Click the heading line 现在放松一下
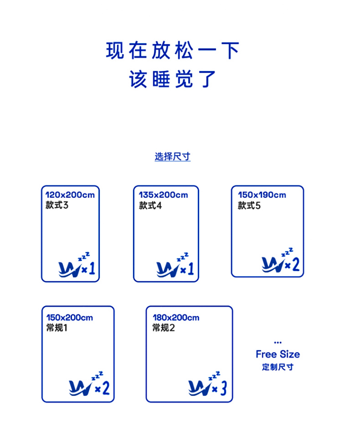[x=173, y=51]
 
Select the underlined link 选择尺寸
[x=172, y=157]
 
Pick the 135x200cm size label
[x=163, y=195]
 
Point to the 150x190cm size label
[x=262, y=195]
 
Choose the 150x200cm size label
[x=69, y=317]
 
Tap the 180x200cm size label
[x=176, y=317]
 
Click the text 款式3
[x=57, y=205]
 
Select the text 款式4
[x=150, y=205]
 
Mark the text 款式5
[x=249, y=205]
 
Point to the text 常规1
[x=57, y=327]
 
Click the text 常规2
[x=164, y=327]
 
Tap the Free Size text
[x=278, y=354]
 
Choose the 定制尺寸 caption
[x=278, y=367]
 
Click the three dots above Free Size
[x=278, y=342]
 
